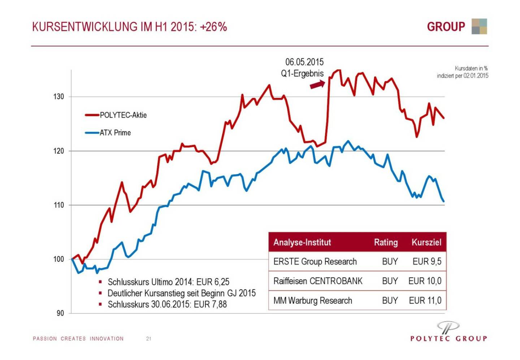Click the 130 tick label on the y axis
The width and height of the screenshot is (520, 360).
coord(58,97)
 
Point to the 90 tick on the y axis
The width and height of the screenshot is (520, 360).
coord(60,313)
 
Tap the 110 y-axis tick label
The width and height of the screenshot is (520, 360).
coord(58,205)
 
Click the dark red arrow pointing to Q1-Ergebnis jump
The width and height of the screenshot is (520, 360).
coord(317,84)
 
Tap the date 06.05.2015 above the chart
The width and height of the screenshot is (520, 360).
coord(304,62)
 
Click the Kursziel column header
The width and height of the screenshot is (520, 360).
coord(426,242)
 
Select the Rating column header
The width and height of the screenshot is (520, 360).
coord(386,242)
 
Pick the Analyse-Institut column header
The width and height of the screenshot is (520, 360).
coord(302,242)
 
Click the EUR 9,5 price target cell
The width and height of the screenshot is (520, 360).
coord(427,261)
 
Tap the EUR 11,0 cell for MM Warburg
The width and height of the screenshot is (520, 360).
coord(425,300)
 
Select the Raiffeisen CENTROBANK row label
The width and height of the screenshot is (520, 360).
coord(318,281)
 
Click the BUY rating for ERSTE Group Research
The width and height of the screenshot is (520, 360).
coord(390,261)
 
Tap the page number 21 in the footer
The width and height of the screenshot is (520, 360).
coord(149,339)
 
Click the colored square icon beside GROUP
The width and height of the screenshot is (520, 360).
coord(479,26)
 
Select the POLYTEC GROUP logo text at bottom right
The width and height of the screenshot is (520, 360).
coord(448,339)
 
